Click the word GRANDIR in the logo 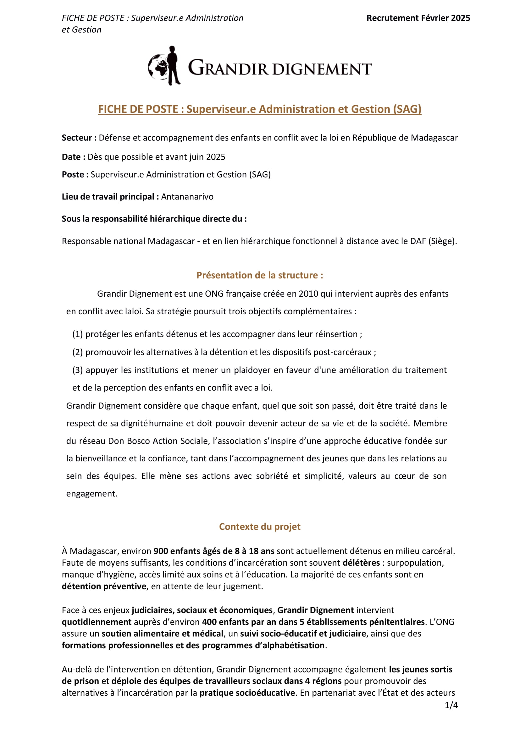point(228,68)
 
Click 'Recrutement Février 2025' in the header point(418,18)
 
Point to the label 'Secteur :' point(79,138)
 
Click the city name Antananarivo point(187,196)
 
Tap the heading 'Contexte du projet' point(260,527)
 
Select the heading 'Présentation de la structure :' point(260,275)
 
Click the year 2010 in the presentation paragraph point(308,294)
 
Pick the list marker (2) point(77,352)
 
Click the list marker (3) point(77,370)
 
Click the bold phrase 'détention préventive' point(104,586)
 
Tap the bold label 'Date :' point(73,157)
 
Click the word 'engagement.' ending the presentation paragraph point(92,494)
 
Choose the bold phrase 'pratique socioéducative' point(247,693)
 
